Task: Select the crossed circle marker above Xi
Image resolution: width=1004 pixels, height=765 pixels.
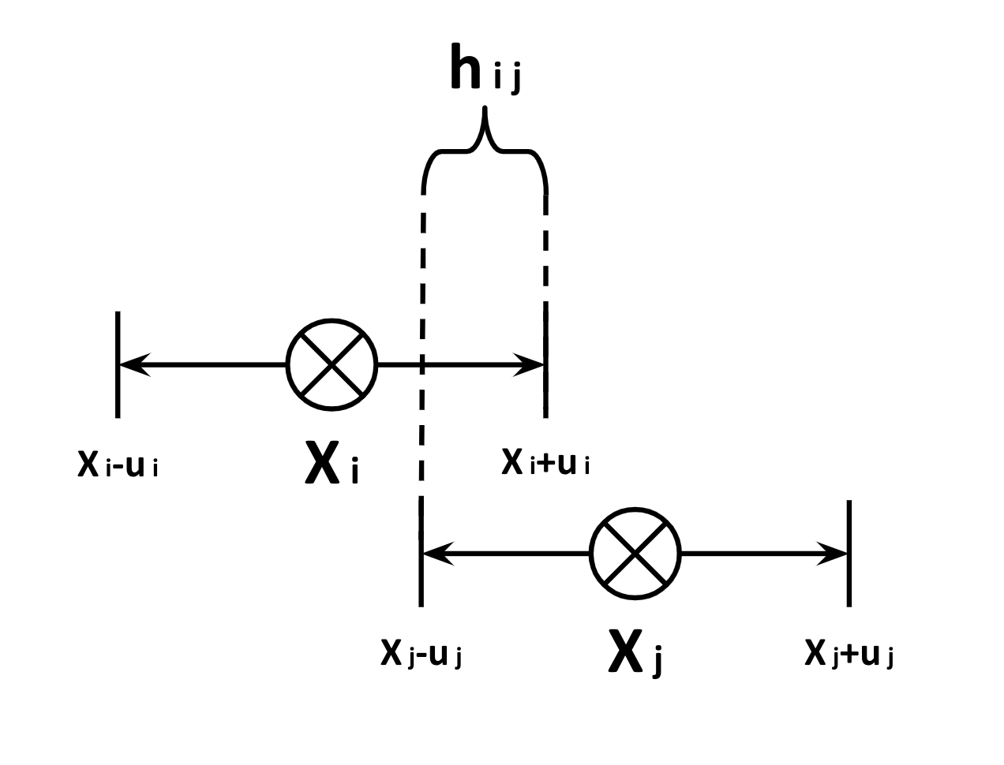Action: pyautogui.click(x=332, y=364)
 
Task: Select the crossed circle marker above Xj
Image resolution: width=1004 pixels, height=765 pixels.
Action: pyautogui.click(x=635, y=554)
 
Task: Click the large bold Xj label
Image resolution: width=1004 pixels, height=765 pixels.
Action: pyautogui.click(x=635, y=653)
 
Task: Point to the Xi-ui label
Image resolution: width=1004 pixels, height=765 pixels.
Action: pyautogui.click(x=118, y=465)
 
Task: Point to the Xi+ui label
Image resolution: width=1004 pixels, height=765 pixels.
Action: pyautogui.click(x=546, y=463)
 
